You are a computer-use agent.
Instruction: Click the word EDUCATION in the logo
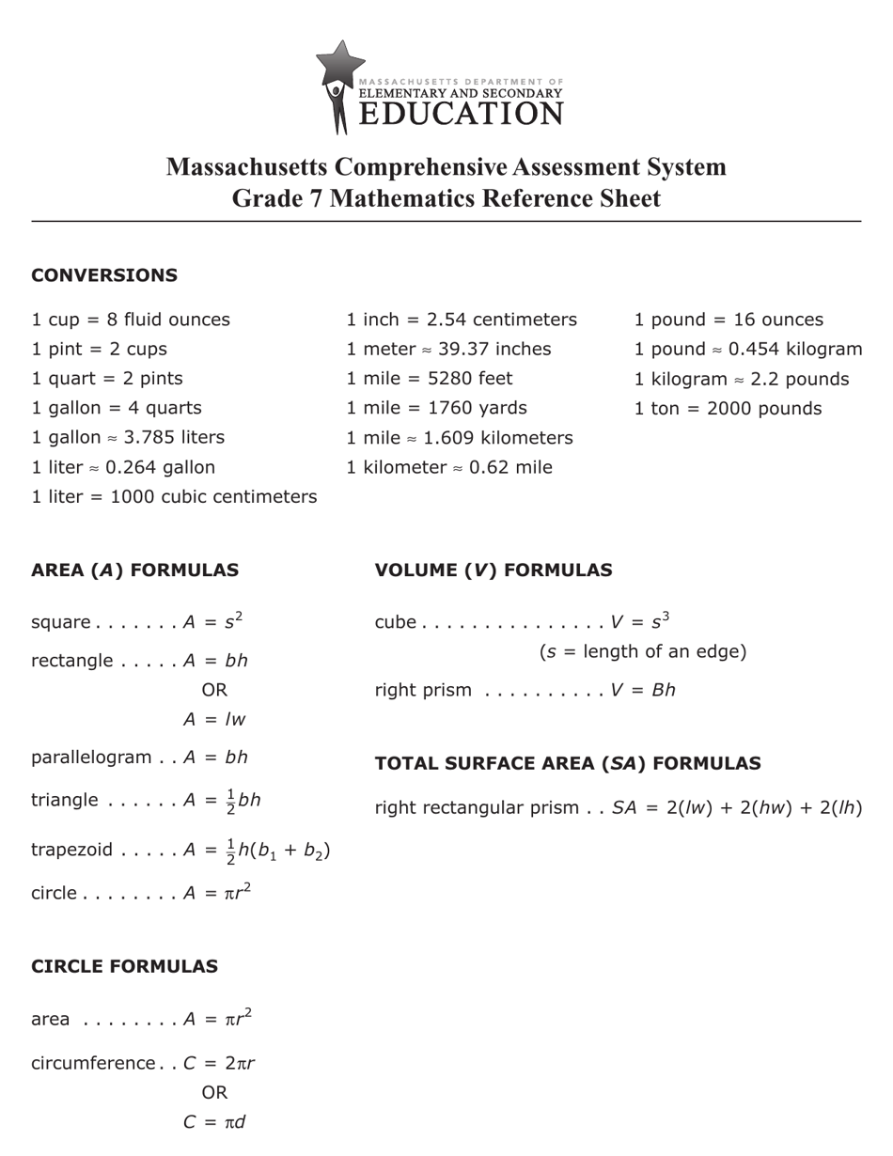pos(461,115)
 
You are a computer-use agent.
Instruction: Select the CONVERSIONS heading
pos(104,275)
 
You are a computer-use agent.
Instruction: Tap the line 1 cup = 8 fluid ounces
pos(131,320)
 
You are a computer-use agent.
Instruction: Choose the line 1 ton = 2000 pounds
pos(728,409)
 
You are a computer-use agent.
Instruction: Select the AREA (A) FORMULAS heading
pos(134,570)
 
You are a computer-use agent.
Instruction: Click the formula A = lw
pos(214,720)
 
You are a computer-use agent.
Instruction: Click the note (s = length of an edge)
pos(643,651)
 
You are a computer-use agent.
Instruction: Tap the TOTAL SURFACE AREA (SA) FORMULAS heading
pos(568,764)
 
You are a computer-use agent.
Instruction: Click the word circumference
pos(93,1064)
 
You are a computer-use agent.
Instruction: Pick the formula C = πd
pos(214,1122)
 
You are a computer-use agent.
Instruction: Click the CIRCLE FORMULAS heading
pos(124,967)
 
